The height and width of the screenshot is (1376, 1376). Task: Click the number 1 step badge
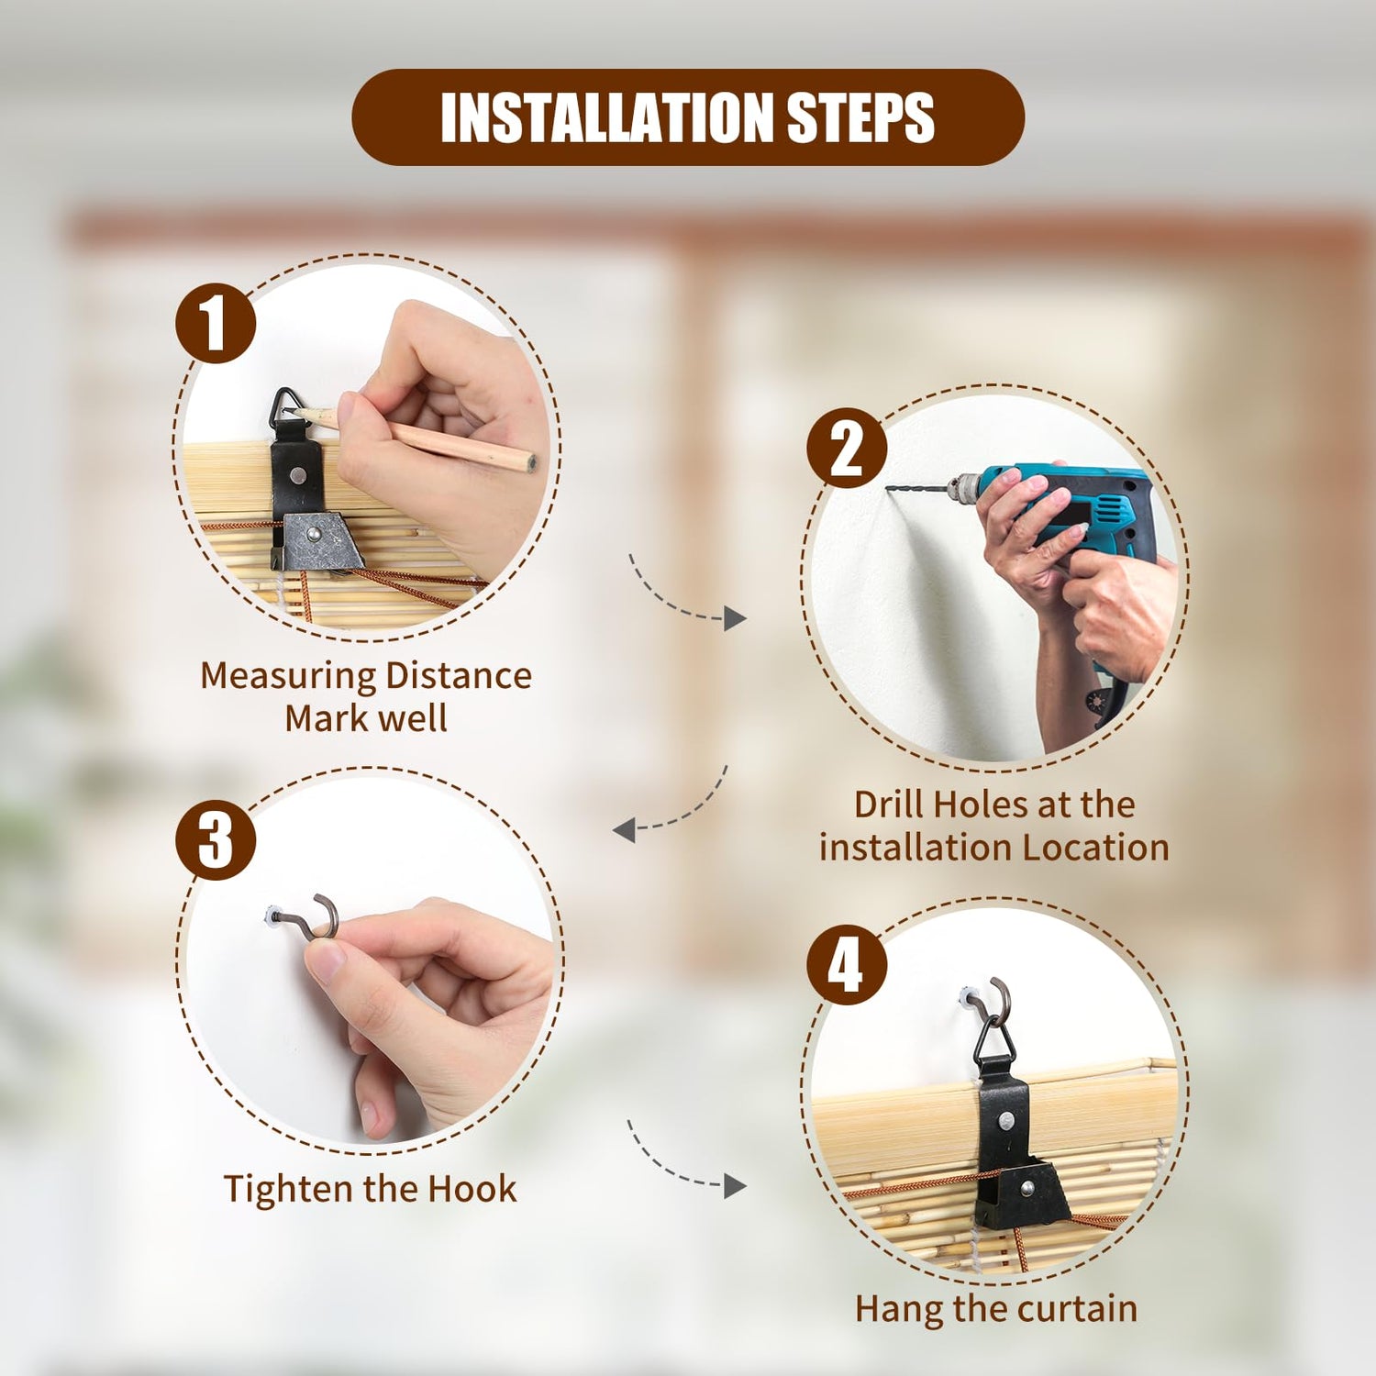[216, 323]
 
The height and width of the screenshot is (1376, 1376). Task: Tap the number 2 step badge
[847, 448]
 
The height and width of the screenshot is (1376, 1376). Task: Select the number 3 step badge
[216, 840]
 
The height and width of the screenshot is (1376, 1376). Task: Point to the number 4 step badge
[847, 964]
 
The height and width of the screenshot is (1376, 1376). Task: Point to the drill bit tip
[888, 489]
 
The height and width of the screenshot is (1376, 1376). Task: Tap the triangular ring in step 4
[994, 1037]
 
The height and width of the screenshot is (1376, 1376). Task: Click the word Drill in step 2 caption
[888, 805]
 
